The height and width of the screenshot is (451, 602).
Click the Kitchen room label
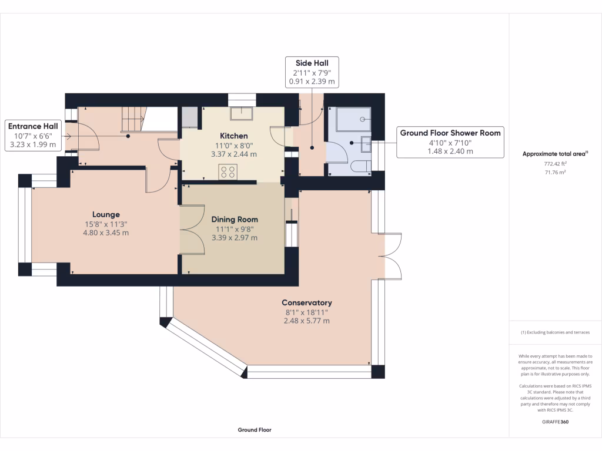pos(234,136)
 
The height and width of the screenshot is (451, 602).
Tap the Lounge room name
pos(106,214)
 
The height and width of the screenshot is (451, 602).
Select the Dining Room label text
pos(235,220)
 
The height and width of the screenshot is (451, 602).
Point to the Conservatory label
pos(307,302)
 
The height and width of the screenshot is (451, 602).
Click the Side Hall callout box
pos(312,72)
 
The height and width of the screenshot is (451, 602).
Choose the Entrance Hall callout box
pos(33,136)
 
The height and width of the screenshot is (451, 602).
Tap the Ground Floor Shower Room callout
pos(450,142)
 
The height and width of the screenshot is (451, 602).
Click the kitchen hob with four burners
pos(228,171)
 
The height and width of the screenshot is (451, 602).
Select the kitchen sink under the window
pos(242,113)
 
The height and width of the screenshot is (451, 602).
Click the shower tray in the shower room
pos(353,119)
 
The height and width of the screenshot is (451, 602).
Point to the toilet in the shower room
pos(362,166)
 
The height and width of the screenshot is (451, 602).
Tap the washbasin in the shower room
pos(366,144)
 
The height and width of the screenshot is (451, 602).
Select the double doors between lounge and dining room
pos(192,230)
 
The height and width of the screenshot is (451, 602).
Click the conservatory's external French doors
pos(390,256)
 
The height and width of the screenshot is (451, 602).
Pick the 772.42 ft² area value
pos(555,164)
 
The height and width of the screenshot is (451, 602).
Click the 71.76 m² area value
pos(555,173)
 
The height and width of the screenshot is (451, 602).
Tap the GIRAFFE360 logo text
pos(555,422)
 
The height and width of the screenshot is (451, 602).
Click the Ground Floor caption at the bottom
pos(255,430)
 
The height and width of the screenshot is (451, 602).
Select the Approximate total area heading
pos(555,154)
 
